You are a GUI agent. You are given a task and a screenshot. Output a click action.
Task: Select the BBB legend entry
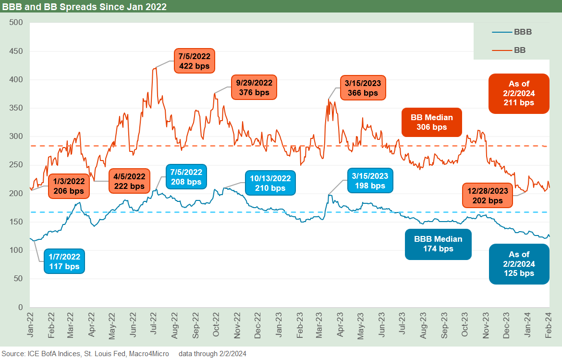pos(512,32)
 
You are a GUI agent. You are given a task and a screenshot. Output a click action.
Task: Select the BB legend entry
pos(512,50)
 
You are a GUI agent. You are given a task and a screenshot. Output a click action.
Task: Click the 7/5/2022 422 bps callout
pos(194,61)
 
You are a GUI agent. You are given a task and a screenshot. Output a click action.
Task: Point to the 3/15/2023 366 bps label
pos(363,87)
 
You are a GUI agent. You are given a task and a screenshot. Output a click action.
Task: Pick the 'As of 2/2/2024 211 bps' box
pos(518,93)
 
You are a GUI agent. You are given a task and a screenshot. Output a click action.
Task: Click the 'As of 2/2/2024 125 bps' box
pos(518,264)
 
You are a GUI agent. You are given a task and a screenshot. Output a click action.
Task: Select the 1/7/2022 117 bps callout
pos(64,261)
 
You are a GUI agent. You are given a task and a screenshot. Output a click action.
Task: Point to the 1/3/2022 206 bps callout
pos(68,186)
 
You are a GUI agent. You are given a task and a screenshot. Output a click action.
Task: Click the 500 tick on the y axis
pos(16,23)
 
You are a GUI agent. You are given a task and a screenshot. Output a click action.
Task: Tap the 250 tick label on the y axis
pos(16,165)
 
